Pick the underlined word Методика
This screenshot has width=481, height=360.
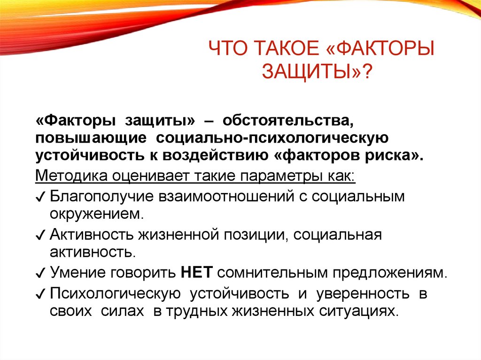coord(69,176)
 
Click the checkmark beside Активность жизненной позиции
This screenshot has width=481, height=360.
coord(40,235)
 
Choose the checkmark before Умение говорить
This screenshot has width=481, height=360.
coord(40,273)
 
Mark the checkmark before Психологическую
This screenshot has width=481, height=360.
coord(40,295)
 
